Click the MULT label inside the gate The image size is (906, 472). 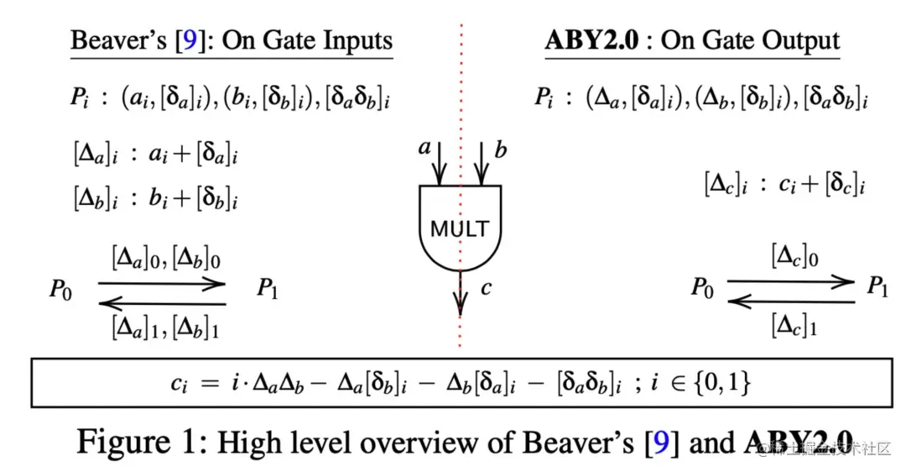click(460, 228)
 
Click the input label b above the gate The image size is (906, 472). click(501, 150)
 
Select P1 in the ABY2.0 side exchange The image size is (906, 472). click(877, 288)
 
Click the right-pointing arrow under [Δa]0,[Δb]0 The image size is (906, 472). click(162, 285)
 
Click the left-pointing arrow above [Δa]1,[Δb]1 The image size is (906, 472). click(162, 304)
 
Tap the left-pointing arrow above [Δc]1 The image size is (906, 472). click(789, 301)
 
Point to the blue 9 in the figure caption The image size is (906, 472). click(661, 442)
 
